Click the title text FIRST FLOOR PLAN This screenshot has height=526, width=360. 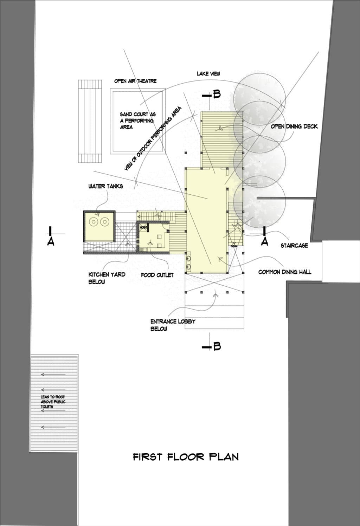click(x=186, y=457)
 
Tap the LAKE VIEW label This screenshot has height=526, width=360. click(x=208, y=73)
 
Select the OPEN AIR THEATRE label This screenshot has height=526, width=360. click(x=135, y=81)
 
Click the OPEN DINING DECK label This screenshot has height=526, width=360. click(x=294, y=126)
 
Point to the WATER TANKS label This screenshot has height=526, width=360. click(x=105, y=186)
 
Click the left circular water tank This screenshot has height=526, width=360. click(x=94, y=222)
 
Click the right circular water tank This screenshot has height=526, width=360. click(x=104, y=222)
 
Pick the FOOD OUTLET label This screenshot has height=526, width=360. click(x=157, y=275)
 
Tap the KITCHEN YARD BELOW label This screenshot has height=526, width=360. click(x=107, y=278)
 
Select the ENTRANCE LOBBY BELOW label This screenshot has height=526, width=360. click(x=173, y=325)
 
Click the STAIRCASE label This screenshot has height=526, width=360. click(x=294, y=246)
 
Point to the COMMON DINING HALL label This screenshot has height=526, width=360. click(x=284, y=272)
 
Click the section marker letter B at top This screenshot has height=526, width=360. click(x=217, y=94)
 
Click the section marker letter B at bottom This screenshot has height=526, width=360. click(x=217, y=346)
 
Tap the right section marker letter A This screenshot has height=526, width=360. click(x=265, y=242)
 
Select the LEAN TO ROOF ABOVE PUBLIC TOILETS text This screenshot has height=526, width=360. click(x=53, y=402)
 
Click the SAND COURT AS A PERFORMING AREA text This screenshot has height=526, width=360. click(x=137, y=121)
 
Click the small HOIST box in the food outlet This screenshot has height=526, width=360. click(x=143, y=228)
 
